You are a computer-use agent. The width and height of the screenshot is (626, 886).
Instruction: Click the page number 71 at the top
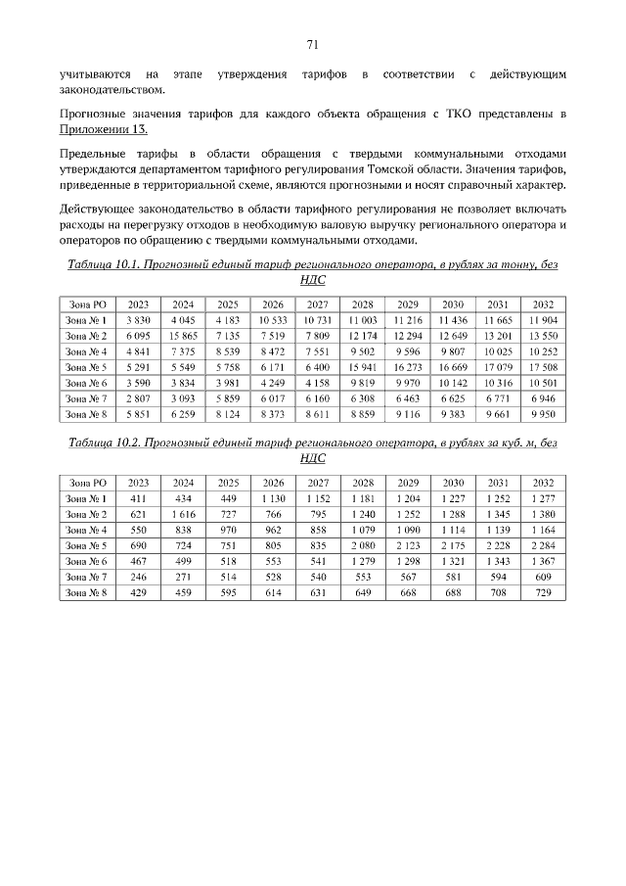pyautogui.click(x=313, y=44)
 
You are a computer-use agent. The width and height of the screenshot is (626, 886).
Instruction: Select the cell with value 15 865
pyautogui.click(x=183, y=336)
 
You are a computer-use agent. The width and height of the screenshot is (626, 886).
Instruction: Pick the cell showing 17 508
pyautogui.click(x=543, y=367)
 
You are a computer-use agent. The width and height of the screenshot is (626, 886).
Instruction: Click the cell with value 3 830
pyautogui.click(x=138, y=320)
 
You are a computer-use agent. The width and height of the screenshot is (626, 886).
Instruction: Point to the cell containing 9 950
pyautogui.click(x=543, y=414)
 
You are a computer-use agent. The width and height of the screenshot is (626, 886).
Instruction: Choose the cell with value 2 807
pyautogui.click(x=138, y=398)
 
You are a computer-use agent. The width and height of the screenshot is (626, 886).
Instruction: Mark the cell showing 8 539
pyautogui.click(x=228, y=351)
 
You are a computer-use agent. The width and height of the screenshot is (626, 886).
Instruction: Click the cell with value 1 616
pyautogui.click(x=183, y=514)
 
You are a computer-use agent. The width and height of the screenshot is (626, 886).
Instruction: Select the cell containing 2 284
pyautogui.click(x=543, y=545)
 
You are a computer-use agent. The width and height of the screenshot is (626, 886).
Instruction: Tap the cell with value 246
pyautogui.click(x=138, y=577)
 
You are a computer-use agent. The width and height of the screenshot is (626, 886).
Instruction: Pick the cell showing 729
pyautogui.click(x=543, y=592)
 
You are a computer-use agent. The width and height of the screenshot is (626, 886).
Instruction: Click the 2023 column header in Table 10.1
pyautogui.click(x=138, y=304)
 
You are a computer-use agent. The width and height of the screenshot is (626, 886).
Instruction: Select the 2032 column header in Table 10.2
pyautogui.click(x=543, y=483)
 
